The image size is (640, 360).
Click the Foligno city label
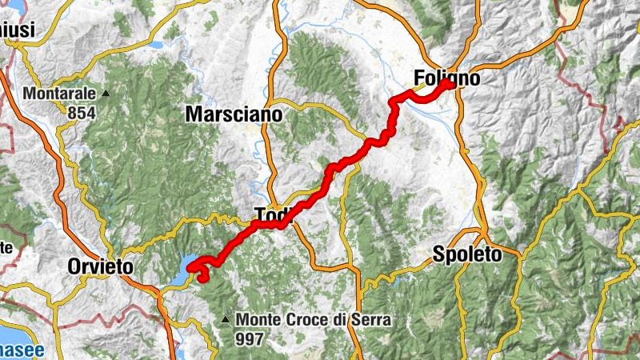(447, 78)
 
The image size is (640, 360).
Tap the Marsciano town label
(234, 114)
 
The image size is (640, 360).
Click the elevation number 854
(81, 113)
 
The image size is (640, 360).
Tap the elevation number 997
(250, 339)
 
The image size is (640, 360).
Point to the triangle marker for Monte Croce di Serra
(226, 321)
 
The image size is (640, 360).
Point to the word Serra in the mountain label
(370, 320)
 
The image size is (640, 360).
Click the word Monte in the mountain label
(258, 320)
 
